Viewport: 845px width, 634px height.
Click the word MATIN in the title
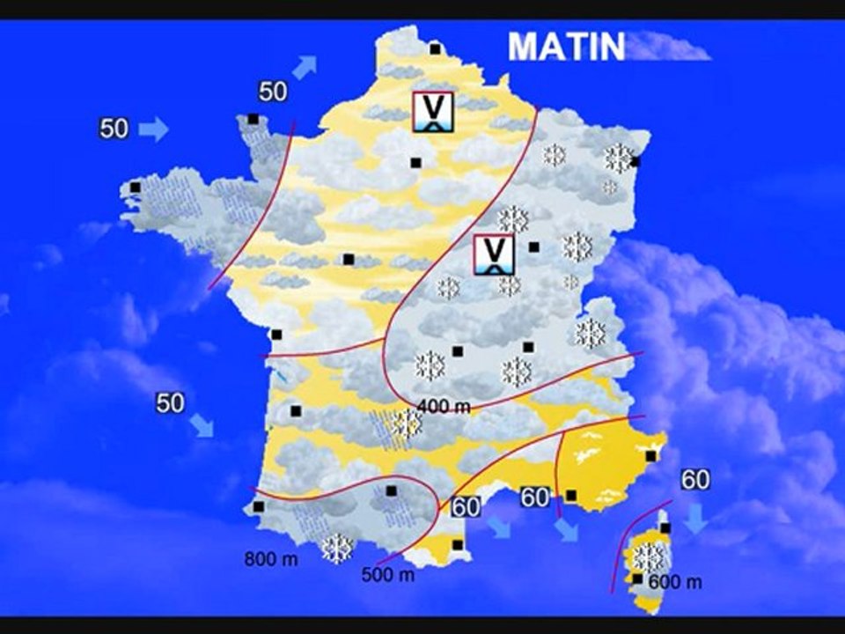point(567,47)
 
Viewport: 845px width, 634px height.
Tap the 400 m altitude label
point(445,405)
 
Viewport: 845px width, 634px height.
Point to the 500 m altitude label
point(387,575)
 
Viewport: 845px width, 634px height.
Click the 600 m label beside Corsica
point(675,582)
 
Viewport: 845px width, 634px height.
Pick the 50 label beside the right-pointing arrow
point(114,129)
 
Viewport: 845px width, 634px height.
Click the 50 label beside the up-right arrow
point(273,92)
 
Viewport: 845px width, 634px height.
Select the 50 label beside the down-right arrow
point(170,402)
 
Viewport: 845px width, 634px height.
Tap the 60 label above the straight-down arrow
point(695,480)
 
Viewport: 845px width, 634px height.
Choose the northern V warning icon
point(433,112)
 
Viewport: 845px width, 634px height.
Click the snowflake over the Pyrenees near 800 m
point(336,549)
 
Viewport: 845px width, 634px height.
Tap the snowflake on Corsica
point(649,557)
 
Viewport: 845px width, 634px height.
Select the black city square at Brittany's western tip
point(136,187)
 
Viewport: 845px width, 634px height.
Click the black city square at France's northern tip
point(435,49)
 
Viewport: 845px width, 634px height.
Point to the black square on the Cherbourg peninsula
point(253,119)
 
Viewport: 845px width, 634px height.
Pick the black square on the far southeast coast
point(650,455)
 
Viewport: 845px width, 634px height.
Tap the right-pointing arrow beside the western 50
point(153,129)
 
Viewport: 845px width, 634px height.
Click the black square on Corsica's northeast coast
point(665,527)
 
